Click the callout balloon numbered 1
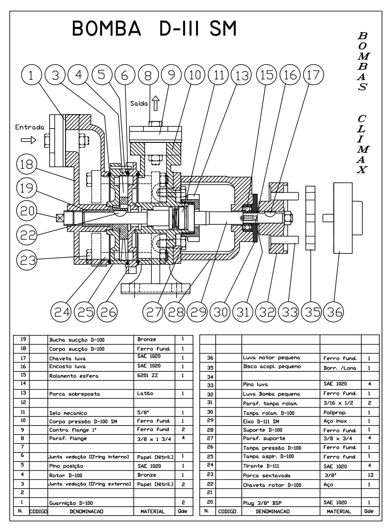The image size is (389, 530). point(31,75)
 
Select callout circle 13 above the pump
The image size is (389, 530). point(242,75)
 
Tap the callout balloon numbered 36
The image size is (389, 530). point(334,311)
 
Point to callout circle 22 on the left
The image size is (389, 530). point(27,235)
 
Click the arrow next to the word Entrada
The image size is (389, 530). point(29,140)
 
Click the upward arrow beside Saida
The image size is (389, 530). point(156,103)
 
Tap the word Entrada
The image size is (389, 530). point(29,127)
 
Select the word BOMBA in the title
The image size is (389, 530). point(106,29)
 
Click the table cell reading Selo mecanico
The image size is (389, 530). point(68,413)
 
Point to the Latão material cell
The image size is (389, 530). point(145,393)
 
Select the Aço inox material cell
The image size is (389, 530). point(335,421)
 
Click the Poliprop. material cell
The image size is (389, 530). point(335,413)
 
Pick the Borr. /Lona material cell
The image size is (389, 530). point(340,368)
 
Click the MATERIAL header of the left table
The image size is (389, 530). point(153,511)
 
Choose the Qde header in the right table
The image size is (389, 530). point(369,511)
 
